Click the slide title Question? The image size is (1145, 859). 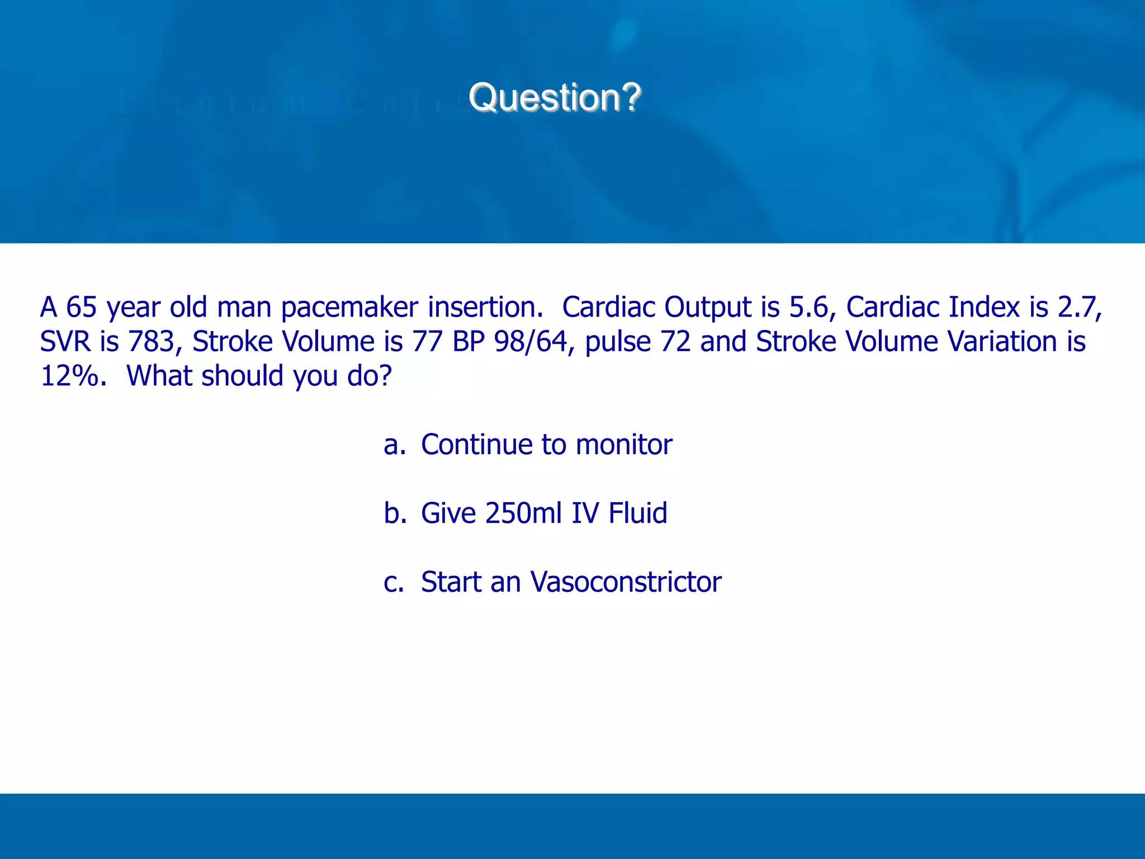point(554,97)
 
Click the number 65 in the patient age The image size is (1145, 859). point(81,307)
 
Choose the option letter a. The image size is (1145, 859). point(393,445)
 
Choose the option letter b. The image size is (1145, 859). point(394,513)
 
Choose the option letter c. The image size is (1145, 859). point(393,582)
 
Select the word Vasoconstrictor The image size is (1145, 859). point(626,582)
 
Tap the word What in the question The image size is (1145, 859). point(159,376)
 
